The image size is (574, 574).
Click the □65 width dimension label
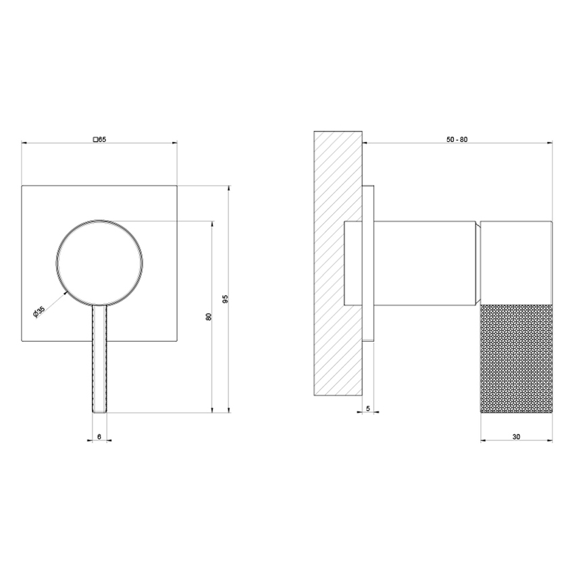pyautogui.click(x=99, y=138)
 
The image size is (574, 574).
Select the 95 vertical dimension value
pyautogui.click(x=226, y=298)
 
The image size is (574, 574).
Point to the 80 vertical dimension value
pyautogui.click(x=209, y=316)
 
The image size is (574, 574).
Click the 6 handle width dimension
pyautogui.click(x=99, y=437)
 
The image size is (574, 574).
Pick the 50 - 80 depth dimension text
pyautogui.click(x=457, y=138)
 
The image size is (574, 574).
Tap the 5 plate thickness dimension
pyautogui.click(x=367, y=409)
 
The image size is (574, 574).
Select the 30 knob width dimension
pyautogui.click(x=516, y=437)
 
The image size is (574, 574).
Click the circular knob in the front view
pyautogui.click(x=99, y=262)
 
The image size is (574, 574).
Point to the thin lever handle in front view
pyautogui.click(x=99, y=358)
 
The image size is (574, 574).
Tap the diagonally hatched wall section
pyautogui.click(x=338, y=263)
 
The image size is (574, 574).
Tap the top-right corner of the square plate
pyautogui.click(x=176, y=185)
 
